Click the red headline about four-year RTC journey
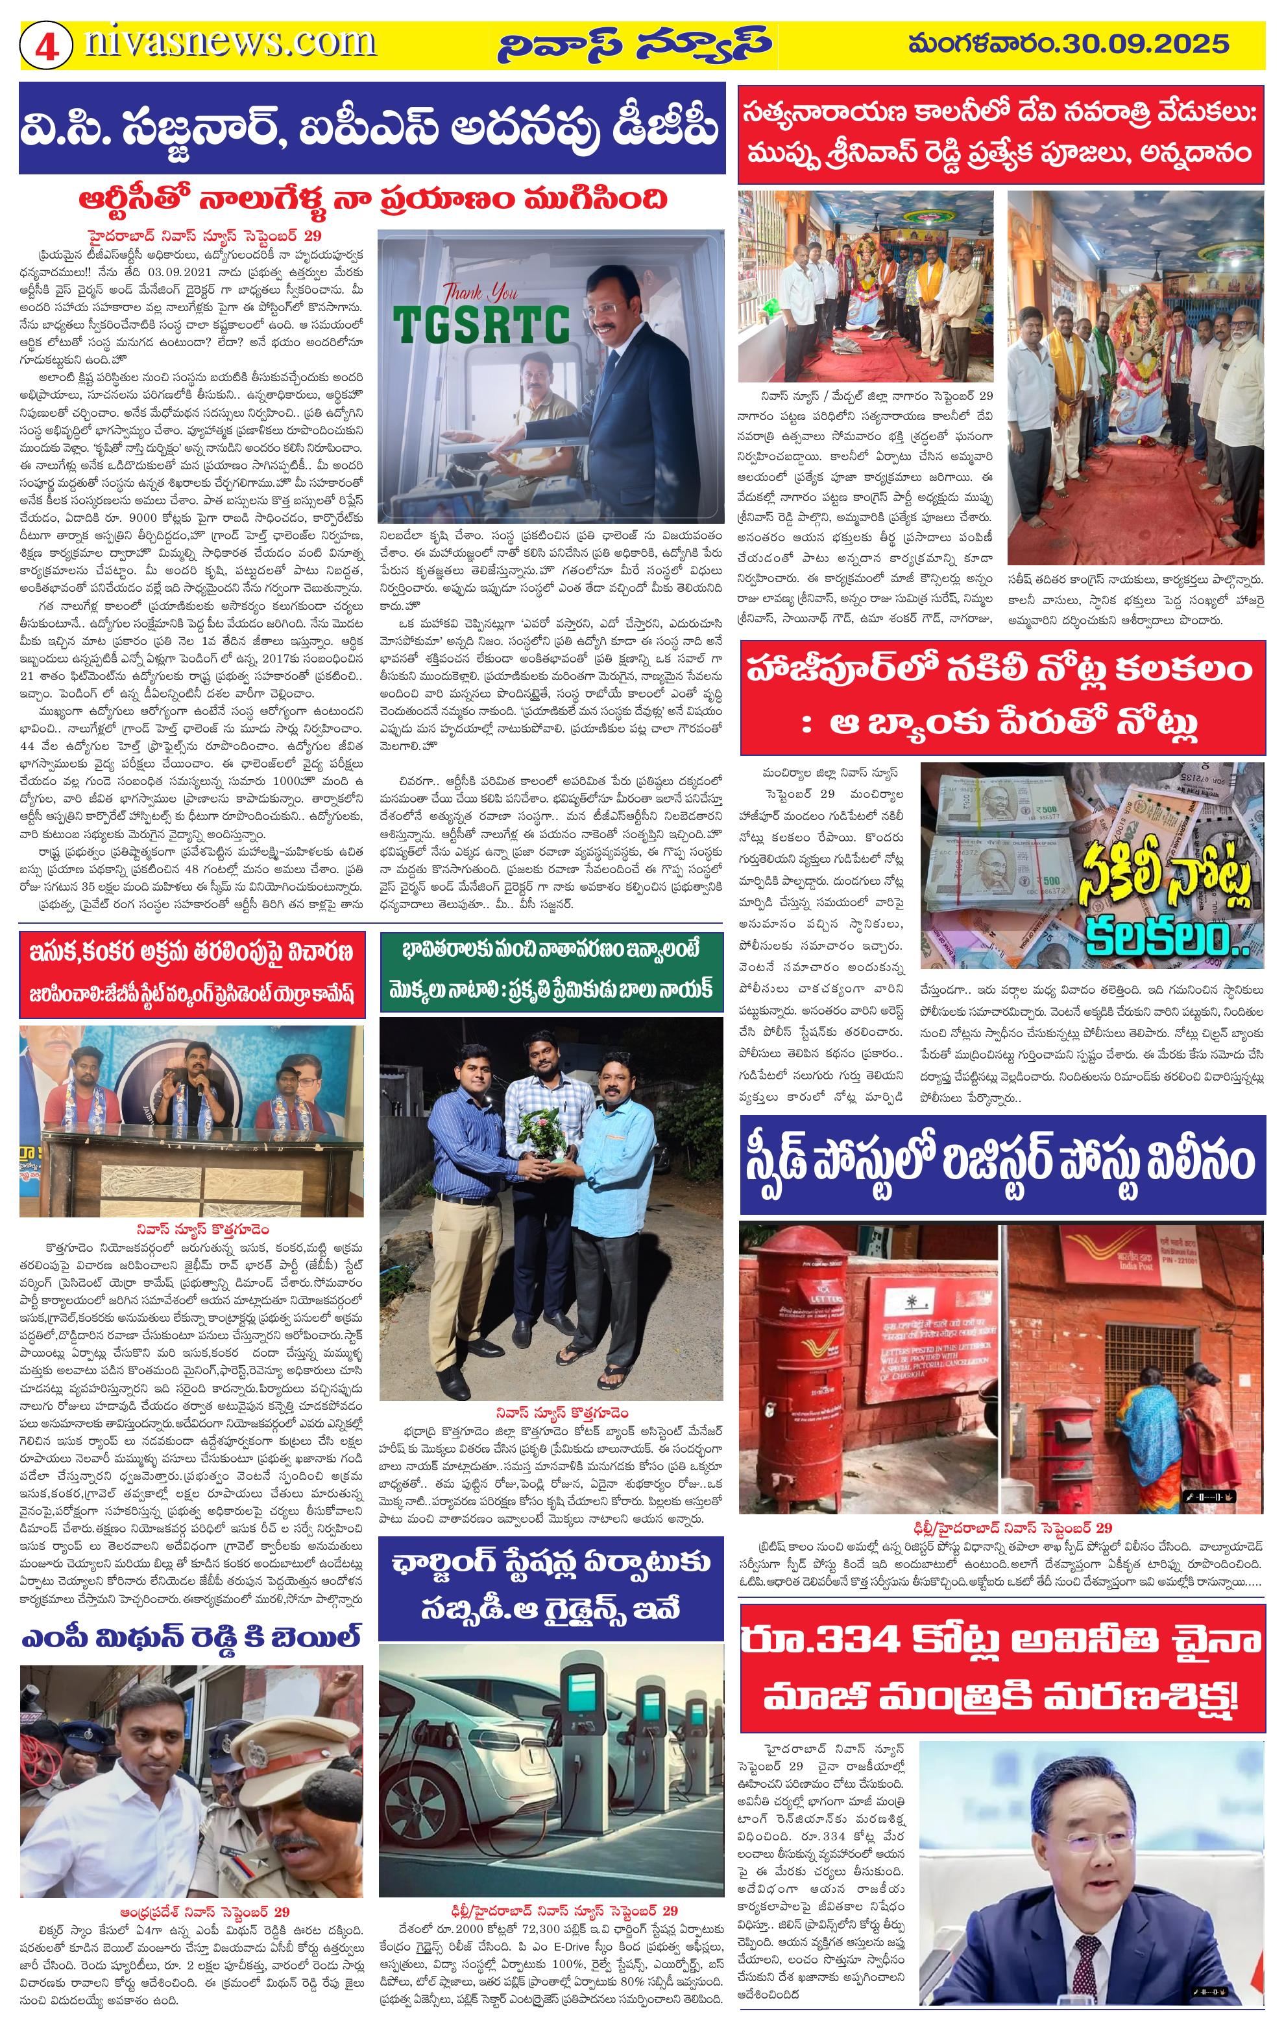coord(372,199)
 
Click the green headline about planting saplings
coord(551,968)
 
